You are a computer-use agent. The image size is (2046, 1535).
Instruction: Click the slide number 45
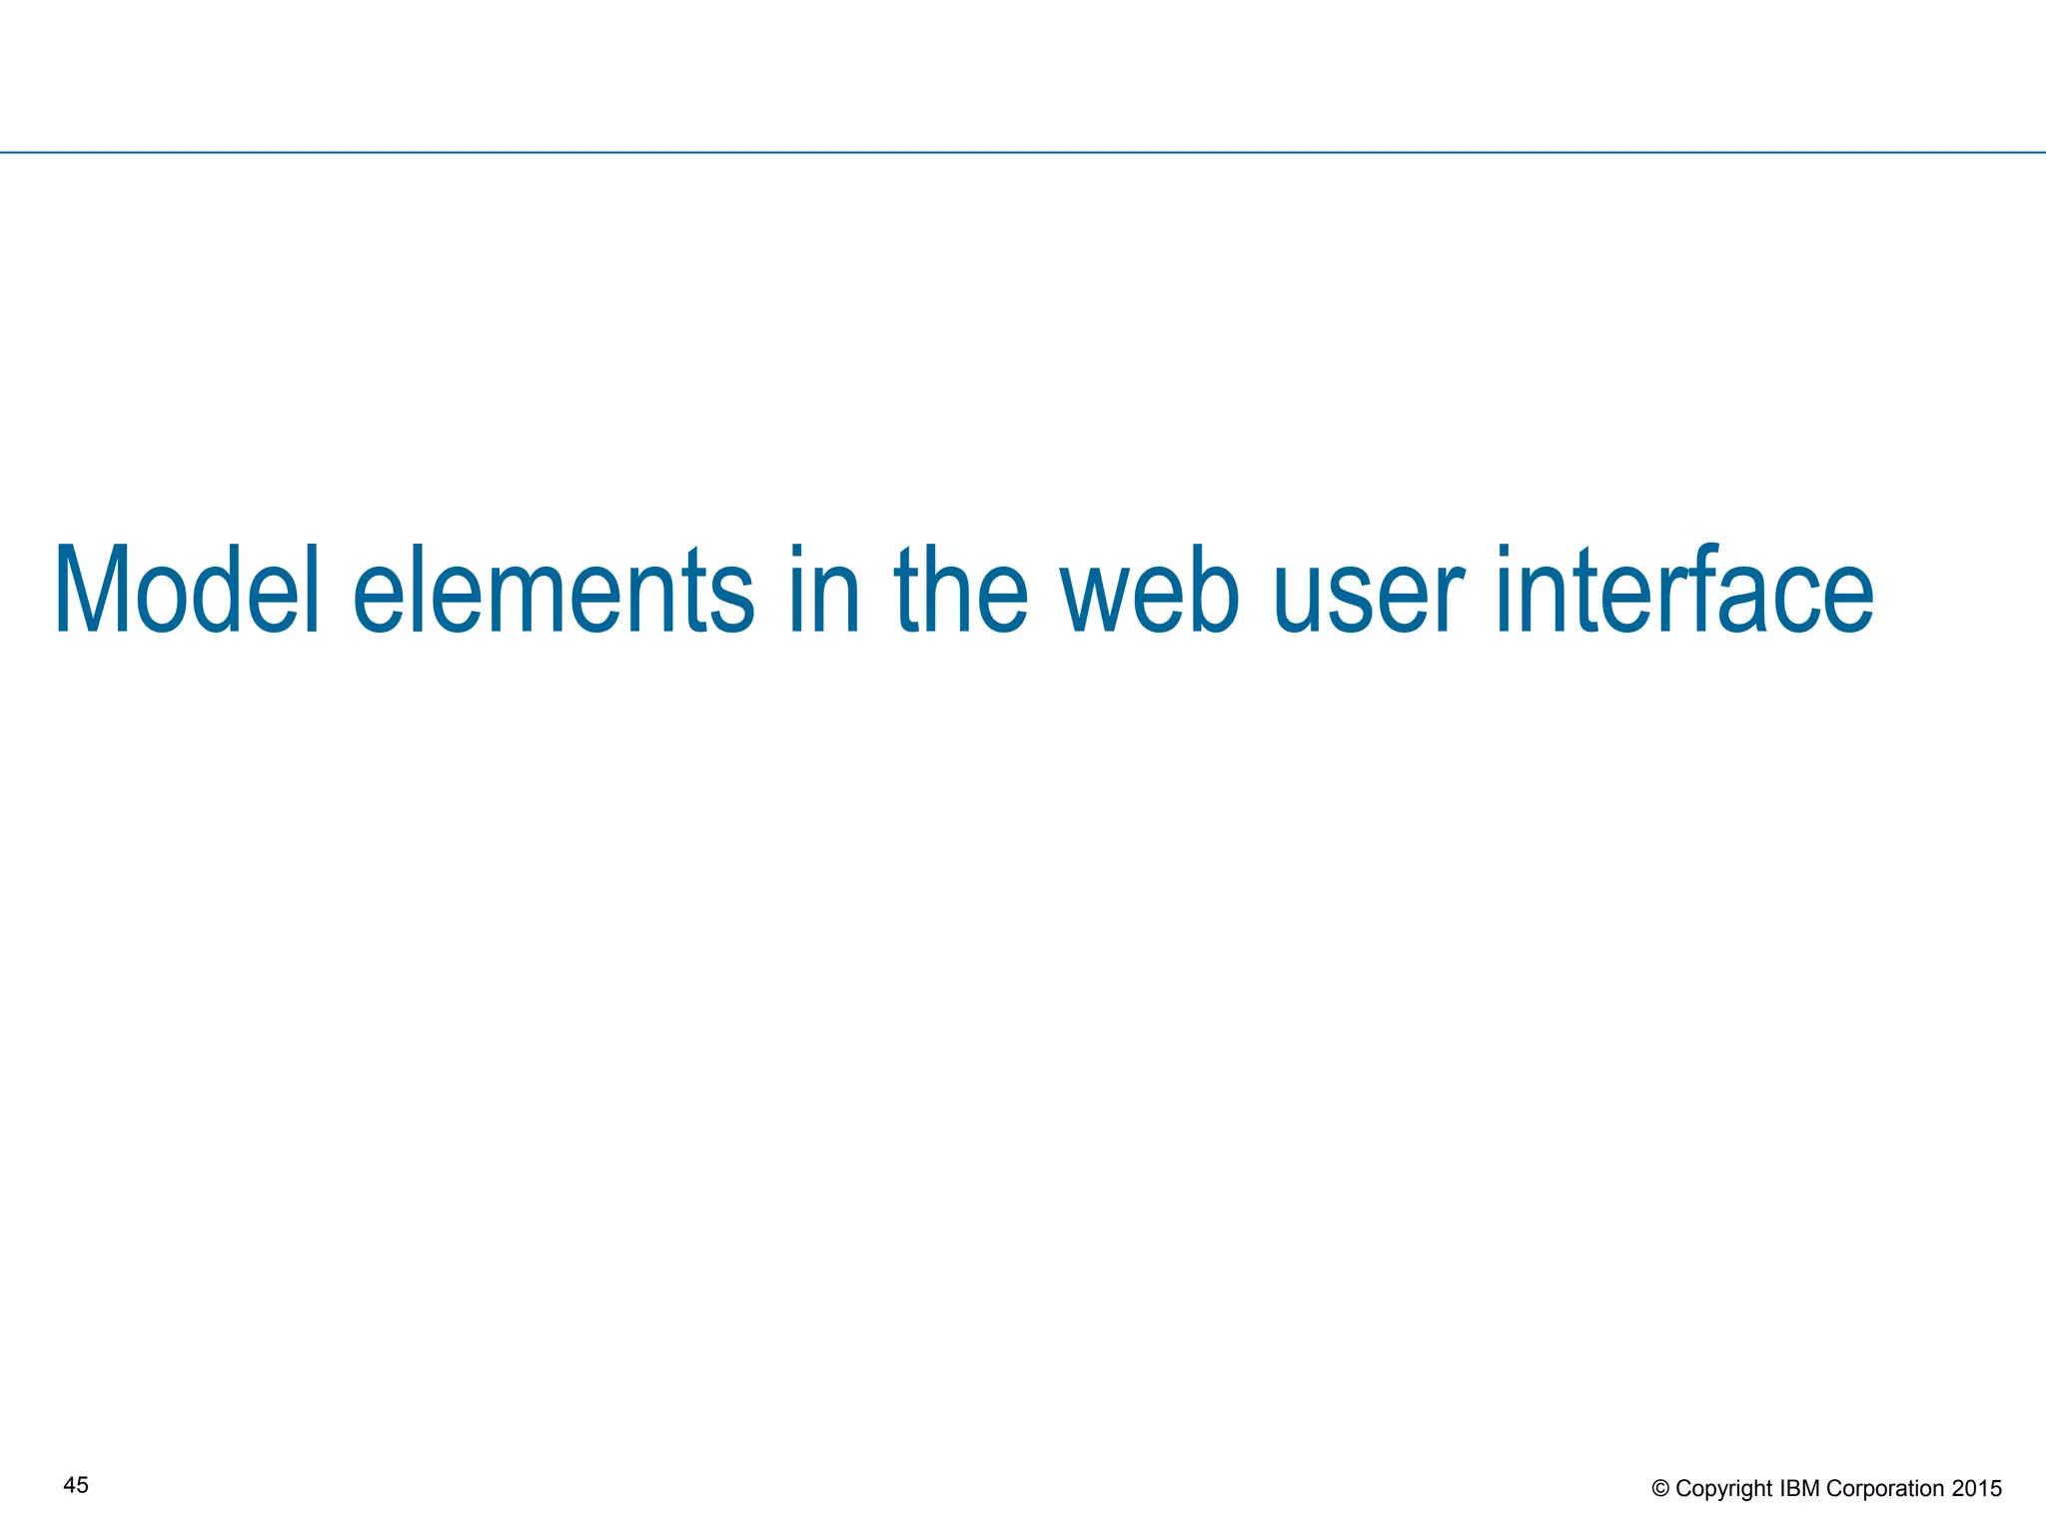tap(76, 1485)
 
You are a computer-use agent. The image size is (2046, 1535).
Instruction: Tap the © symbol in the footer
tap(1660, 1489)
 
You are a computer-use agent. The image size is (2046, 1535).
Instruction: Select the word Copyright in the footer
tap(1724, 1489)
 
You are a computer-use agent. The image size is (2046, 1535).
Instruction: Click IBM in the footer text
tap(1800, 1489)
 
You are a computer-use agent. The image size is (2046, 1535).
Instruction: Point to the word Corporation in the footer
tap(1884, 1489)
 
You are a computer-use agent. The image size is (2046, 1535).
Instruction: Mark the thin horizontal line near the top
tap(1023, 153)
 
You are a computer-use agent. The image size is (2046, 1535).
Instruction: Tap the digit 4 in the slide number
tap(69, 1485)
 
